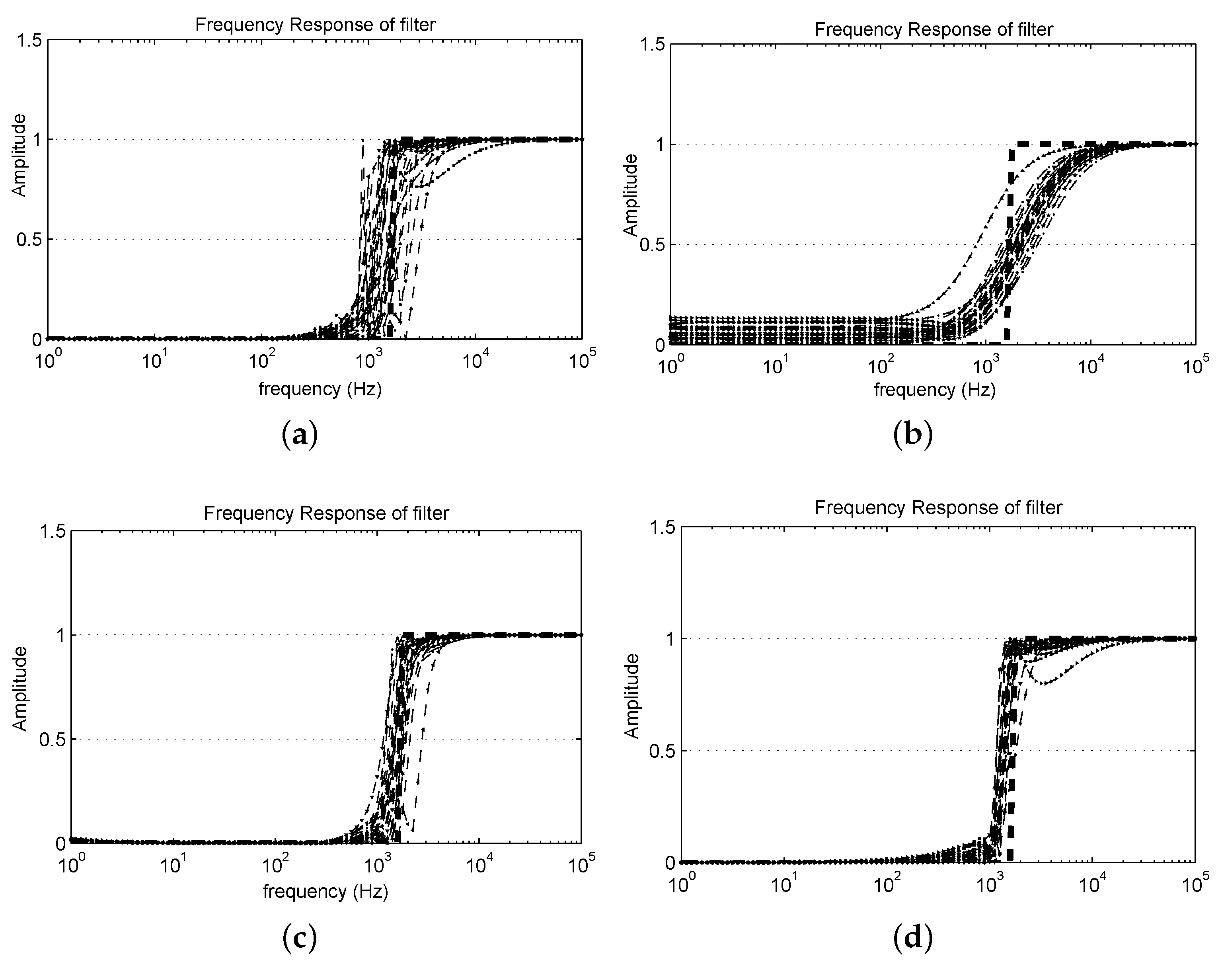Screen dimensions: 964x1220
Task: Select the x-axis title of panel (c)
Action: (x=325, y=891)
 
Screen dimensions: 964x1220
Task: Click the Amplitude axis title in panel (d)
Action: (x=633, y=695)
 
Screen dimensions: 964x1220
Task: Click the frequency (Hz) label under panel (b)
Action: (x=934, y=389)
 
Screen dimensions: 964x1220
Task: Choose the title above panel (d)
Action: (x=938, y=507)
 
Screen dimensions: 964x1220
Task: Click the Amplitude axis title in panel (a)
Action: (x=19, y=155)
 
